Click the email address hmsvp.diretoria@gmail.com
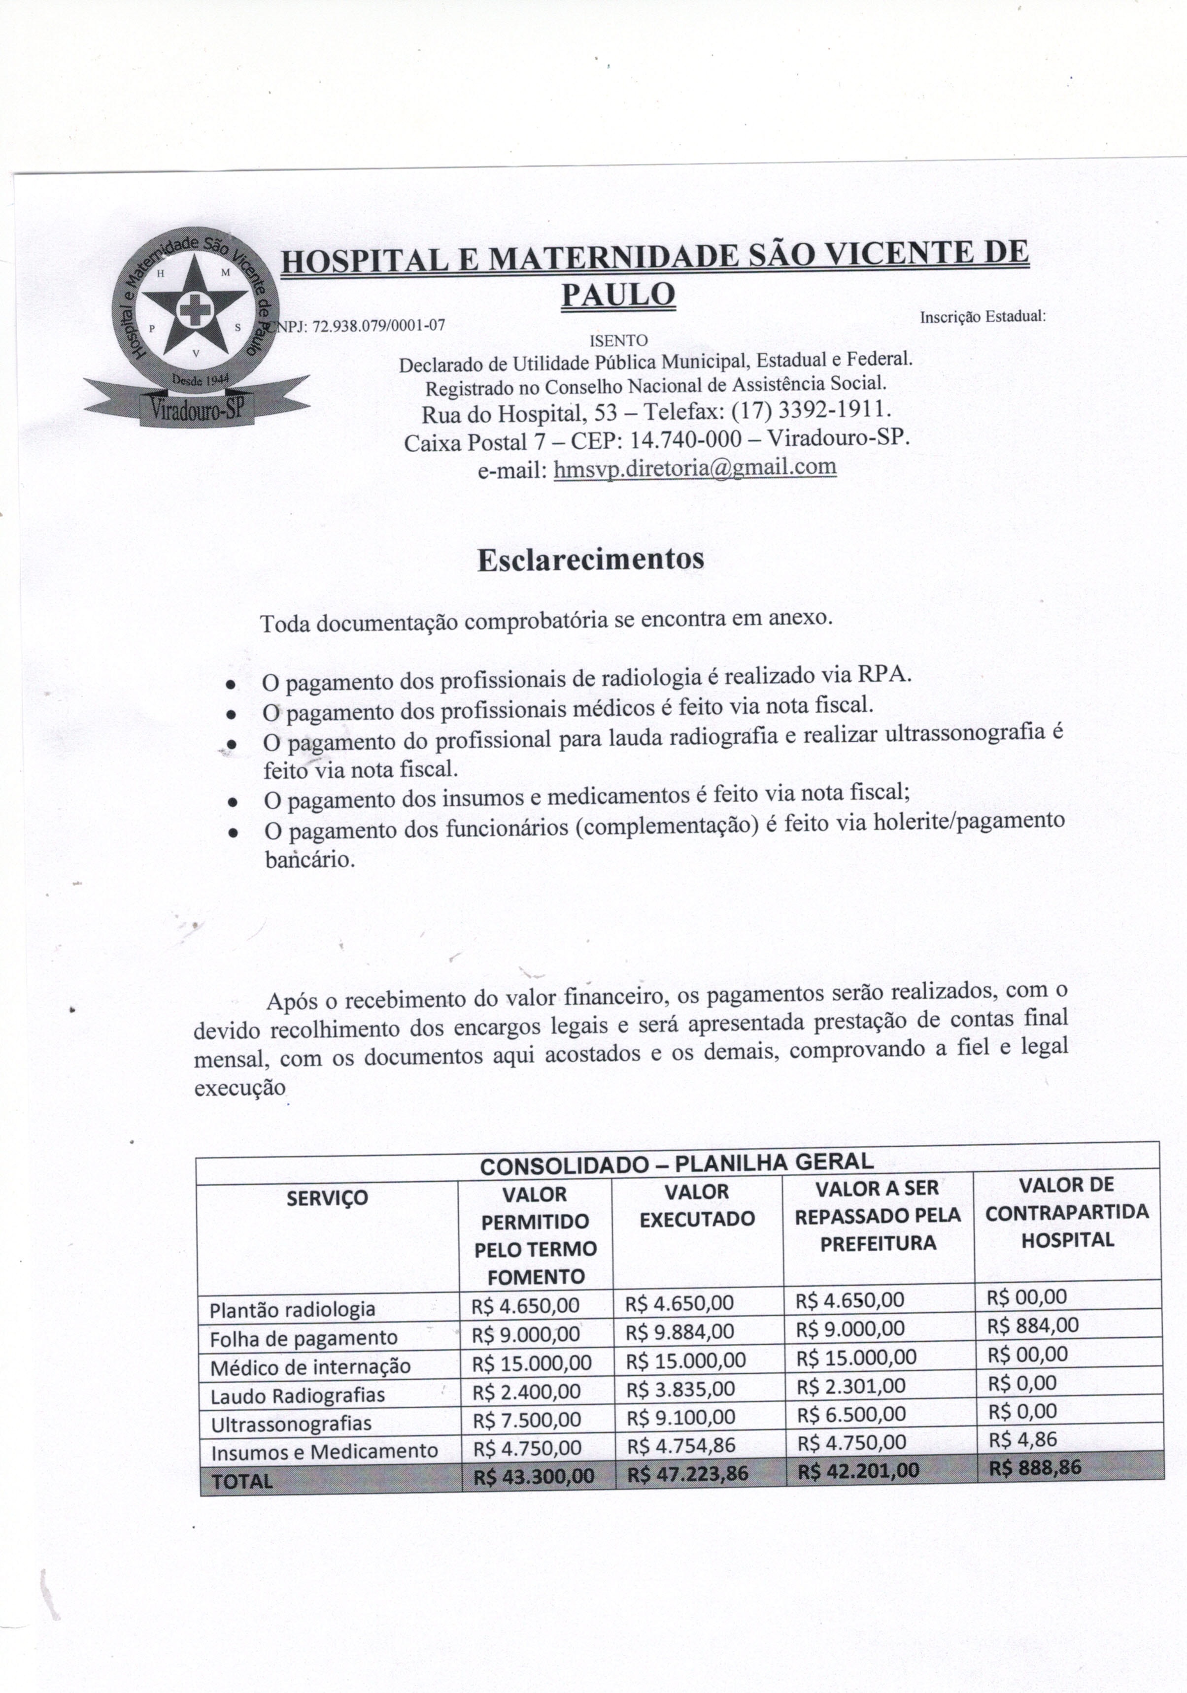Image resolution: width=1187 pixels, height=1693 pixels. (694, 467)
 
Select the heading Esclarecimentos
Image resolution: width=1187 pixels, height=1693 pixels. (590, 559)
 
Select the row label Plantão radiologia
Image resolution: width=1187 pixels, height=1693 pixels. (293, 1310)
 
